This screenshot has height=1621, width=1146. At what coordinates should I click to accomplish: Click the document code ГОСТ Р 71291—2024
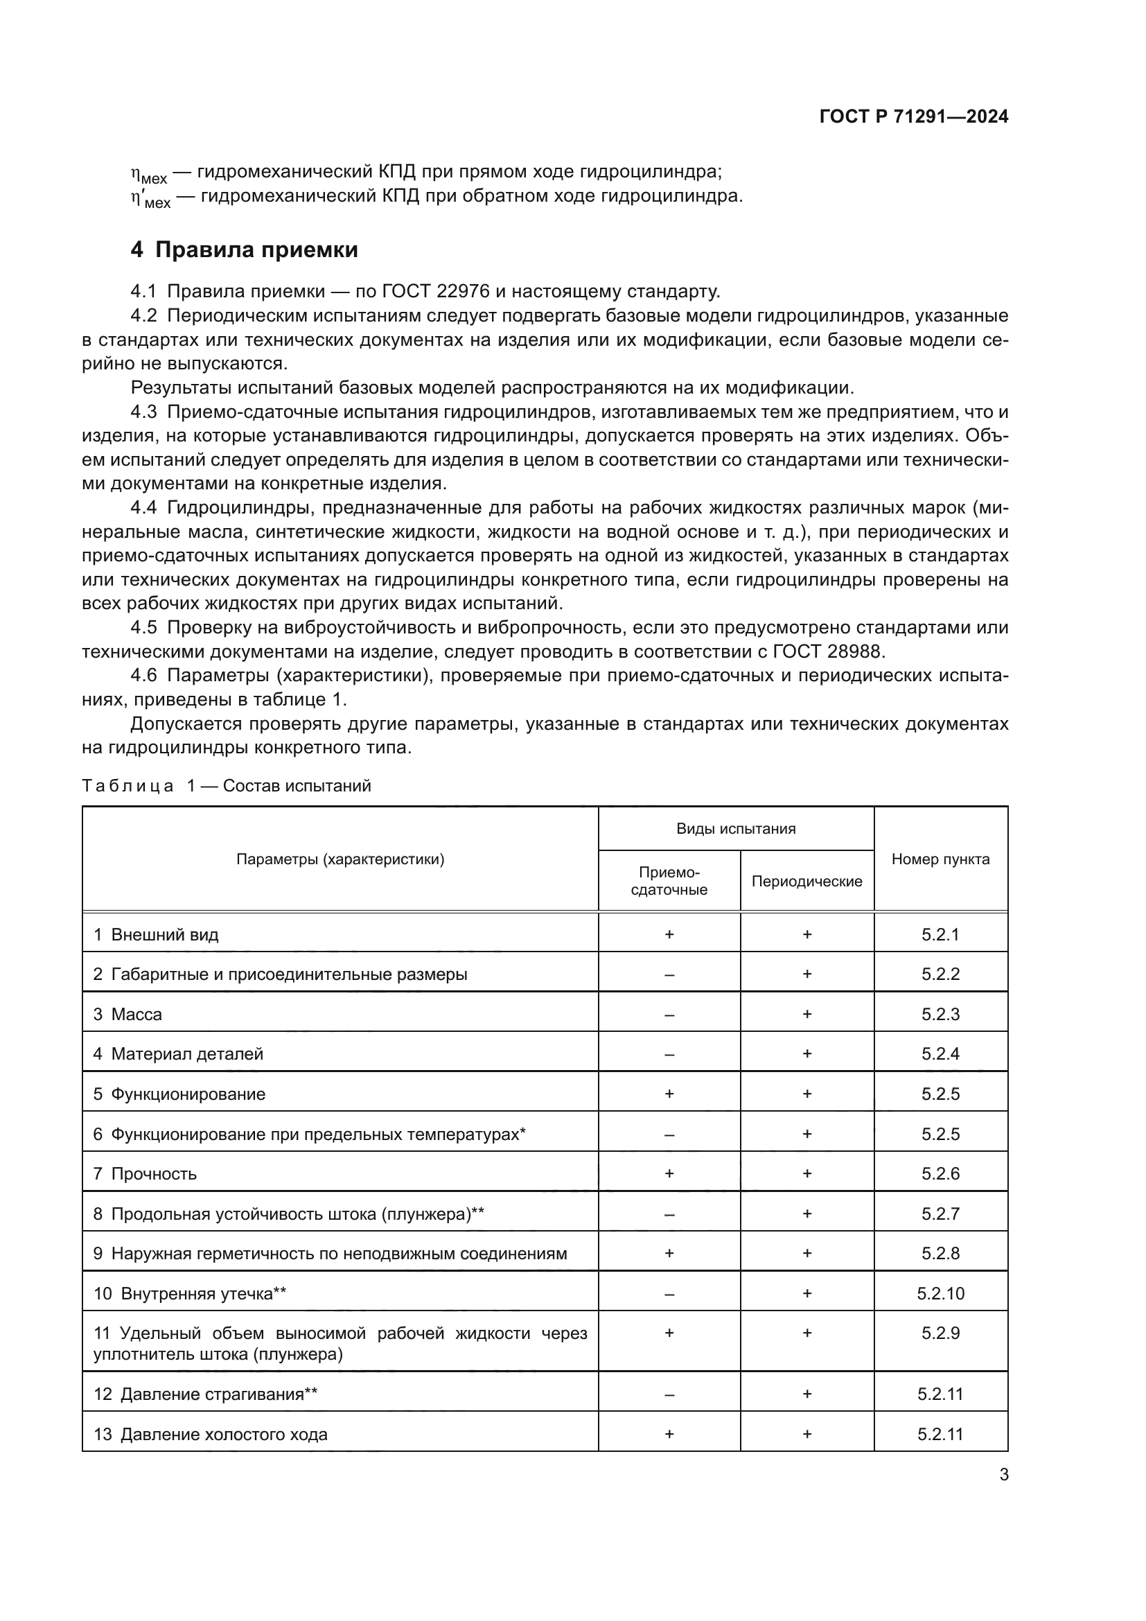(x=913, y=117)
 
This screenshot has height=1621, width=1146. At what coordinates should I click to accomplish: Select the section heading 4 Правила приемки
(x=244, y=250)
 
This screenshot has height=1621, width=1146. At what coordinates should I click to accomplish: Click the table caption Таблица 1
(x=127, y=786)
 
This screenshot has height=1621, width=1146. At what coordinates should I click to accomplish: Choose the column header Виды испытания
(x=735, y=829)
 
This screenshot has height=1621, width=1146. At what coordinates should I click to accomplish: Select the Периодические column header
(x=806, y=881)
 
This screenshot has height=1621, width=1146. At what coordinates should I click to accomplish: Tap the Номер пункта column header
(x=940, y=859)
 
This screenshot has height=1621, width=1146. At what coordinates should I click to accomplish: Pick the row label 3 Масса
(x=127, y=1015)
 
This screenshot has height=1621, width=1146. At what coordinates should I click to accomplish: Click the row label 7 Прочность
(x=145, y=1174)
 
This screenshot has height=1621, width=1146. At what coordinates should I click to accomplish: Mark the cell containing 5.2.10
(x=940, y=1293)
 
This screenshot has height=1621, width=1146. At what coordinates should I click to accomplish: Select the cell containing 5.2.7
(x=940, y=1213)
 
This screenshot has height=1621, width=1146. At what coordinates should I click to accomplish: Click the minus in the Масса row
(x=669, y=1015)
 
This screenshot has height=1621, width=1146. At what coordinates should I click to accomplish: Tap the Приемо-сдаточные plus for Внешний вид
(x=669, y=935)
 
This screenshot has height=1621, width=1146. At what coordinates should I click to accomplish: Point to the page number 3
(x=1003, y=1474)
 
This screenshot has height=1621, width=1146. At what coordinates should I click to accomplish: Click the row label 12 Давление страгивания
(x=204, y=1394)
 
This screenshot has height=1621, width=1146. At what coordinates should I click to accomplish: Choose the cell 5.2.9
(x=940, y=1333)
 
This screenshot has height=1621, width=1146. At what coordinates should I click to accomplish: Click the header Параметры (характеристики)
(x=340, y=859)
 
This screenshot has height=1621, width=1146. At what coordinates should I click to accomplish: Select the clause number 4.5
(x=143, y=628)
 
